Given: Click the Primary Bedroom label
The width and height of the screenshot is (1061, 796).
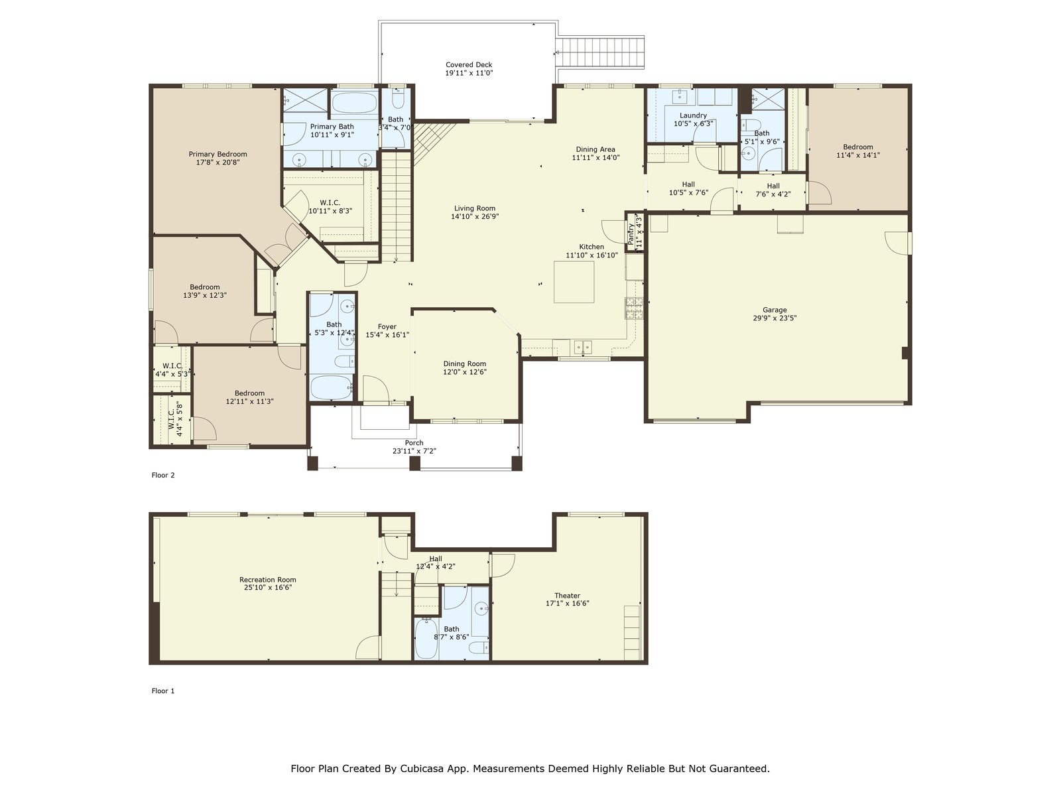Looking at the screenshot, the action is click(218, 154).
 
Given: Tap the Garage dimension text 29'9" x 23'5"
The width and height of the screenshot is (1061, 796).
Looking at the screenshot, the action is click(775, 318).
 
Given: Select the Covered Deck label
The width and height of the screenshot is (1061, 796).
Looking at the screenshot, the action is click(469, 65).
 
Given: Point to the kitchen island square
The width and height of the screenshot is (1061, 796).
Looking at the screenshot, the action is click(574, 282).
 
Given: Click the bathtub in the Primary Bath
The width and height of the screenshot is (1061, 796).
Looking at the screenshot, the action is click(354, 103).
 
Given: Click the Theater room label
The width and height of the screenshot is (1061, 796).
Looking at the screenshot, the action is click(567, 596).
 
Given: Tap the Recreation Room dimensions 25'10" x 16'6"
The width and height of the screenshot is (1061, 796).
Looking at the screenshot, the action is click(268, 587).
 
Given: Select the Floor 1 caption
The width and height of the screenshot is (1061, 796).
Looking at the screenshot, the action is click(163, 691).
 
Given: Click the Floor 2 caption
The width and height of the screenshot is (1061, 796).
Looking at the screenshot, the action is click(163, 475).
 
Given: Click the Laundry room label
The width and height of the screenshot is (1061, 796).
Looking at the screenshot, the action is click(693, 115).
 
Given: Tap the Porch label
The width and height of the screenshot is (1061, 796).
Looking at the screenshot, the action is click(414, 442).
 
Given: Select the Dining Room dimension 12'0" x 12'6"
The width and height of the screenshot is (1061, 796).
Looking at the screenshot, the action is click(465, 372).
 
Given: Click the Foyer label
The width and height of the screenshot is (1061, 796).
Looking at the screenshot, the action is click(387, 327).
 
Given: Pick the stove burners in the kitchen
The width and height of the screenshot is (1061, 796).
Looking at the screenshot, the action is click(634, 308).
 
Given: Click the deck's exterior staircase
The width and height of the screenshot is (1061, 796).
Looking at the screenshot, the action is click(600, 52).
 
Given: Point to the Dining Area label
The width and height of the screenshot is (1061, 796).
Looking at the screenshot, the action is click(595, 149).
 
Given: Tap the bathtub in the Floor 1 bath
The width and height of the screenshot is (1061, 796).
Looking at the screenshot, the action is click(426, 639).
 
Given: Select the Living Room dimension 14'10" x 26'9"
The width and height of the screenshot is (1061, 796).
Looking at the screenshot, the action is click(475, 216).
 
